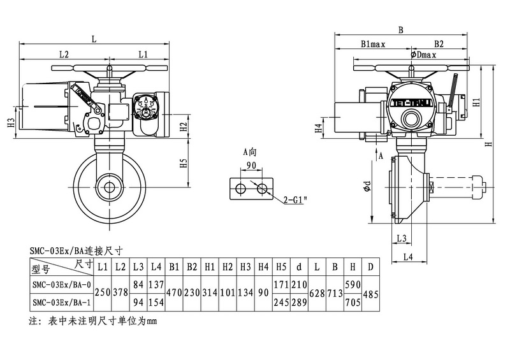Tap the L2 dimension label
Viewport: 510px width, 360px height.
point(64,54)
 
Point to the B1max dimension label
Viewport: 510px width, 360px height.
point(373,45)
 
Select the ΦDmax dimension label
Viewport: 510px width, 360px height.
point(423,55)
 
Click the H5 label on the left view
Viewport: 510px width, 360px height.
point(184,163)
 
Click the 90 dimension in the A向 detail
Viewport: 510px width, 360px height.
point(251,165)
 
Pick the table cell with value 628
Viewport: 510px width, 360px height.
point(316,292)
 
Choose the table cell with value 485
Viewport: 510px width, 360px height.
point(370,292)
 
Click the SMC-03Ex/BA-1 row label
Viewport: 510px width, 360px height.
point(61,302)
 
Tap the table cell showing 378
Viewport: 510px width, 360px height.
point(120,292)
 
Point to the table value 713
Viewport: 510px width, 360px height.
point(334,292)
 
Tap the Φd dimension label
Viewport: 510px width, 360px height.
point(367,187)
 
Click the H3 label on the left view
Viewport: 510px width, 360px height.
point(11,122)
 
